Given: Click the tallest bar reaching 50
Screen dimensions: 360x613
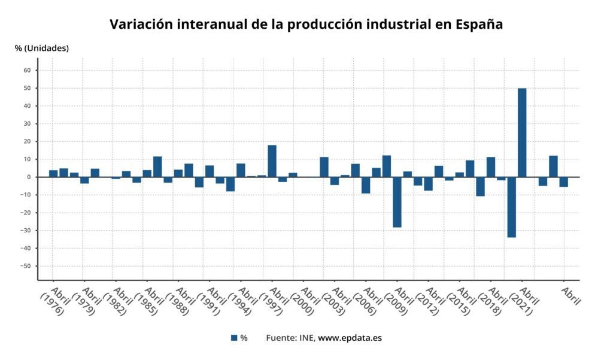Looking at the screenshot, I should (522, 132).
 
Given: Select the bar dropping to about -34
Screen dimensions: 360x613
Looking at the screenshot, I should (511, 207).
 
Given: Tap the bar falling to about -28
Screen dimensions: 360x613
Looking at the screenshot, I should (397, 202).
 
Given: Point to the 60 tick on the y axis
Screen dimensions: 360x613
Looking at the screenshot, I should (27, 71).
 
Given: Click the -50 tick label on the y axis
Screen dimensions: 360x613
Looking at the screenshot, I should (25, 266).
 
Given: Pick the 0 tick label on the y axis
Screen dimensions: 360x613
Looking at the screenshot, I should (29, 177).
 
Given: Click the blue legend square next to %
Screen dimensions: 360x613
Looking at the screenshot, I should (234, 338).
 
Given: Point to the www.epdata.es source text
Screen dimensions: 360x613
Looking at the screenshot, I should (350, 338).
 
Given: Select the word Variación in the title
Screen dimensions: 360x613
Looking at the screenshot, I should (139, 25).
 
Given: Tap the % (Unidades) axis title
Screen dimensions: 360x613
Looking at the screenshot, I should (42, 48).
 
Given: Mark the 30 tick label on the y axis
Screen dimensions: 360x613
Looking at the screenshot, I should (27, 124).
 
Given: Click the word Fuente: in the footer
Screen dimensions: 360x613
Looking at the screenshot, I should (281, 338).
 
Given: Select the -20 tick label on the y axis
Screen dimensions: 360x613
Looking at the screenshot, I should (25, 213).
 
